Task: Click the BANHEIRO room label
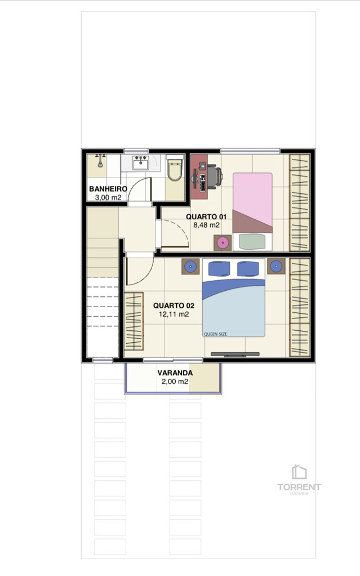click(x=108, y=189)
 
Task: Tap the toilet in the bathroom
click(x=175, y=169)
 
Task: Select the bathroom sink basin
click(x=141, y=163)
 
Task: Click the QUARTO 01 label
click(x=206, y=217)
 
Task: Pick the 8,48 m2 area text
click(x=206, y=225)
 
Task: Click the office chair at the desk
click(x=215, y=176)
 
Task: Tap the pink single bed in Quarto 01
click(x=252, y=202)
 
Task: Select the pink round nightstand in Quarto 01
click(x=223, y=242)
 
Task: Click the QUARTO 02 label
click(x=174, y=305)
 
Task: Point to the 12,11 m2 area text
click(x=174, y=314)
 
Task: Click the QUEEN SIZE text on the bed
click(x=215, y=334)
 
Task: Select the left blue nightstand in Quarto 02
click(x=190, y=267)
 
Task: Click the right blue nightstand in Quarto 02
click(x=276, y=266)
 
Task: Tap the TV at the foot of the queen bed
click(x=235, y=354)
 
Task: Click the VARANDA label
click(x=175, y=373)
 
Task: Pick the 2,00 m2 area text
click(x=175, y=382)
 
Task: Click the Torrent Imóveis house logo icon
click(x=299, y=472)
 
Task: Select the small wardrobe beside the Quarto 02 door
click(x=134, y=321)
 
